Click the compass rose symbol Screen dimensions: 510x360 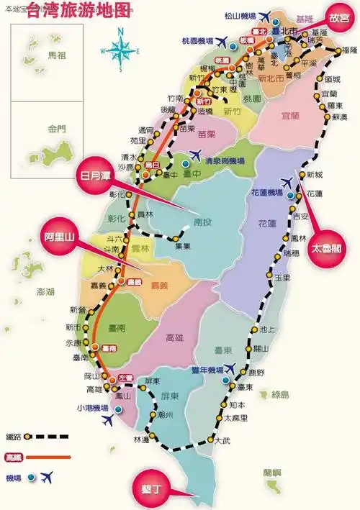click(x=122, y=50)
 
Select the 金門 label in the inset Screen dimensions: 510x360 click(x=57, y=130)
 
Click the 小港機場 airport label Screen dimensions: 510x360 click(x=93, y=408)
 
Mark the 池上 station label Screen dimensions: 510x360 click(x=268, y=330)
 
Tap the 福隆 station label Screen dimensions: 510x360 click(x=349, y=50)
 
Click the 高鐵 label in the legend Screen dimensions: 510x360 click(x=13, y=456)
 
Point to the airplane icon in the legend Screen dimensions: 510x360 click(x=48, y=475)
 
